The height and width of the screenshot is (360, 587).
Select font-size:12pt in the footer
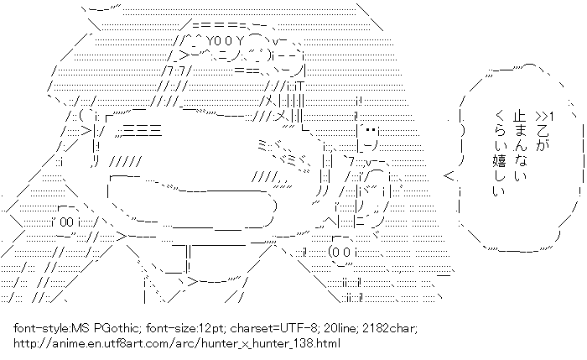(173, 330)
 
